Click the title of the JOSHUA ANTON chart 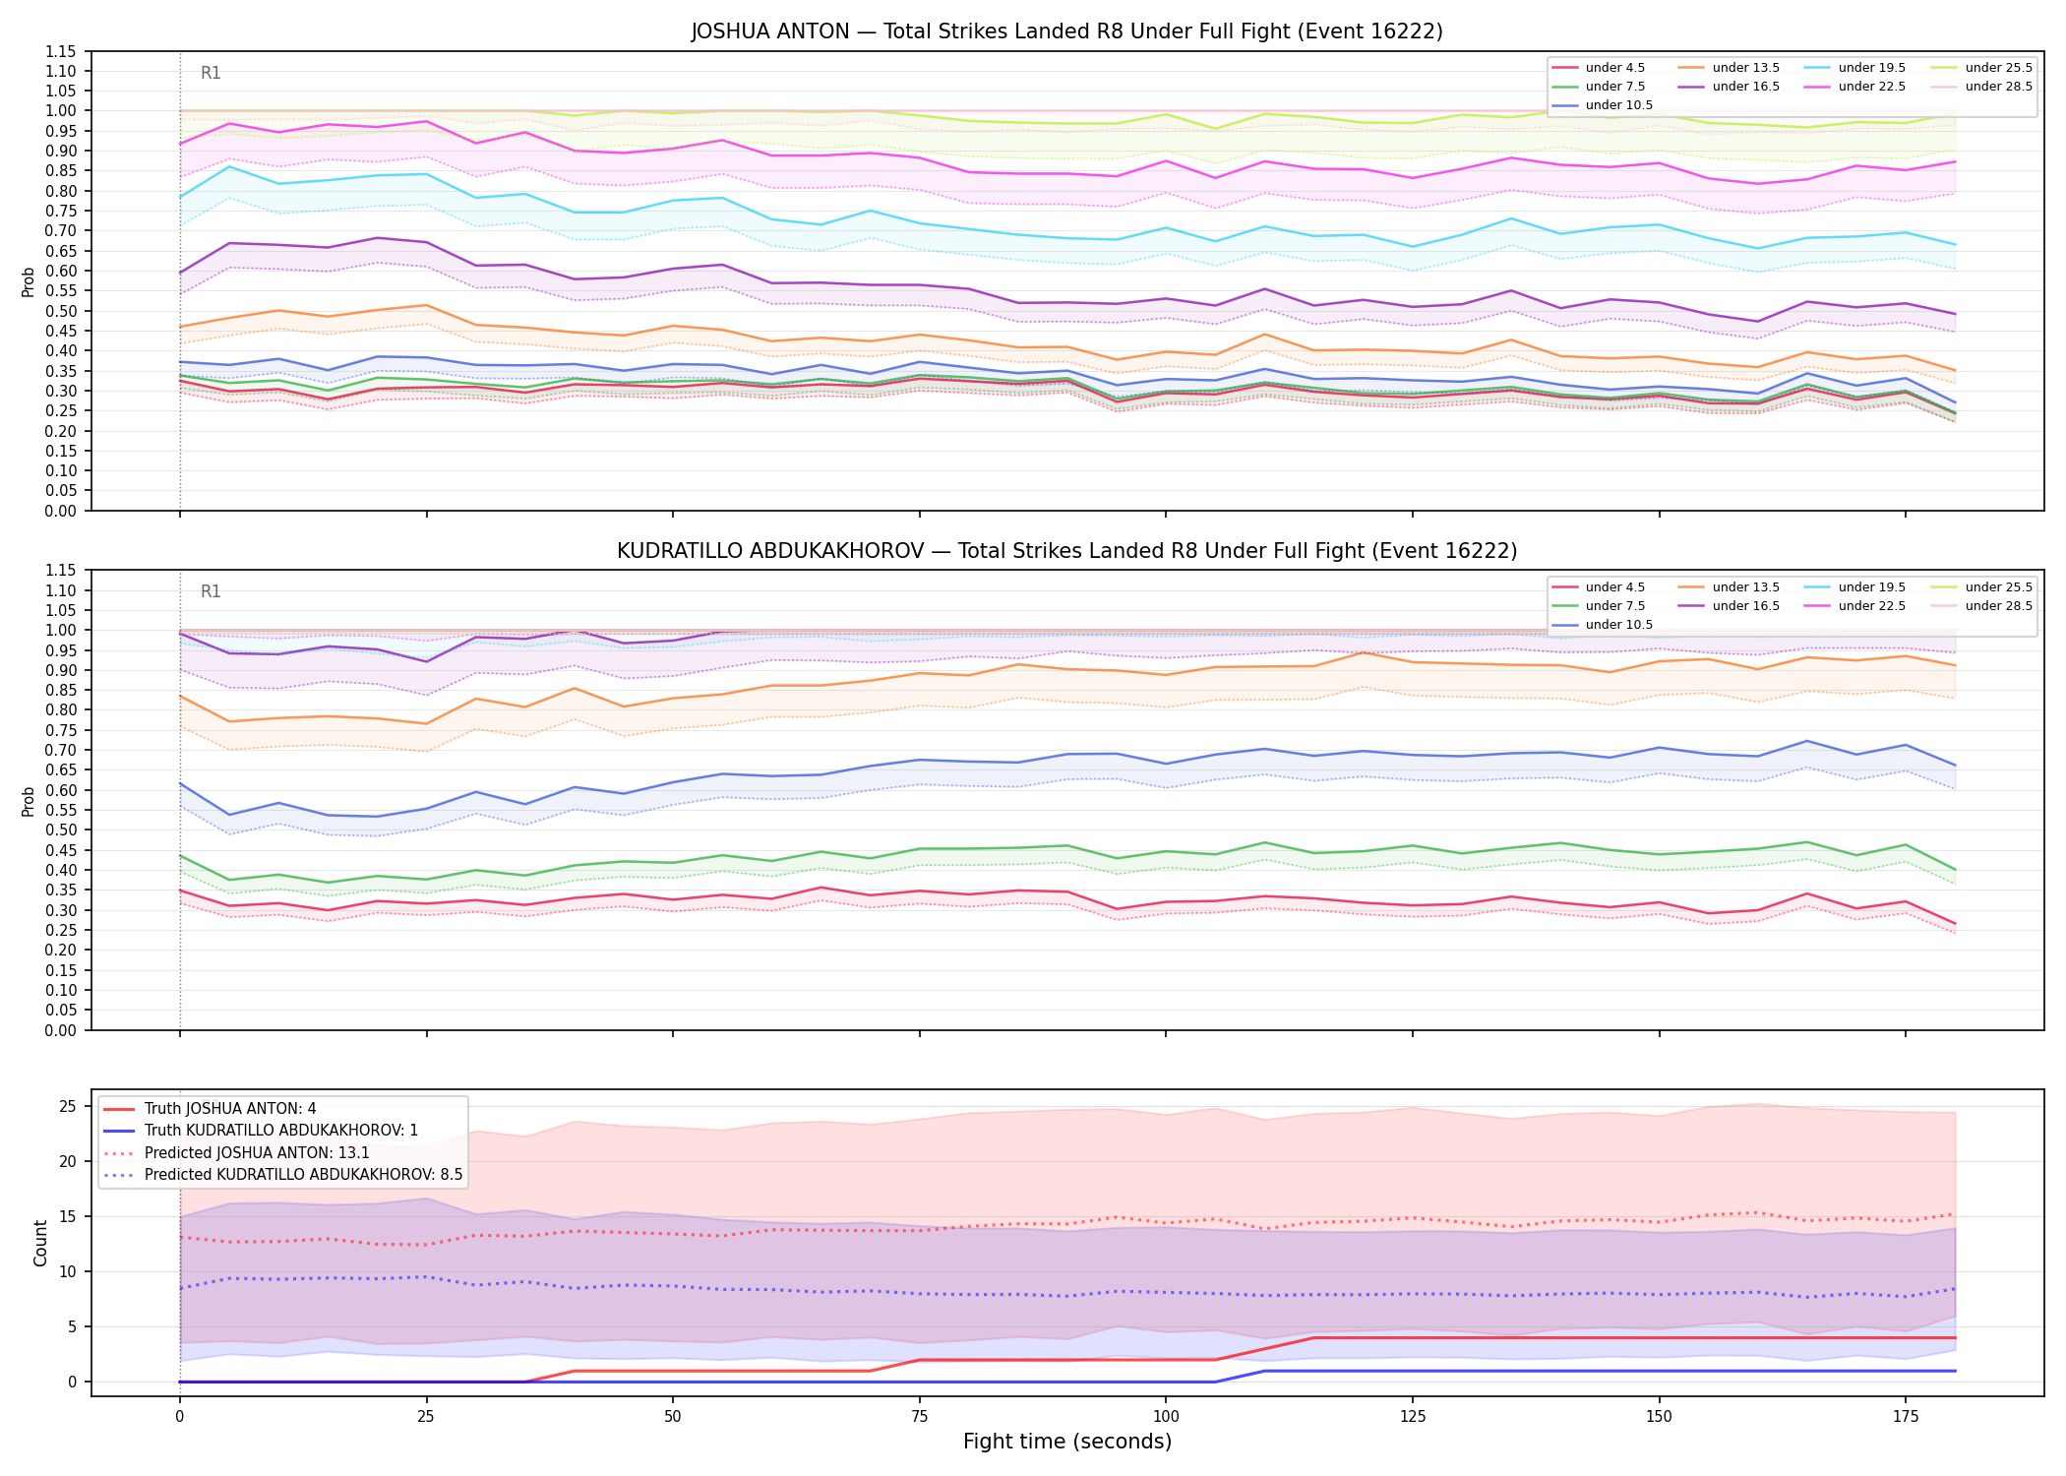point(1066,31)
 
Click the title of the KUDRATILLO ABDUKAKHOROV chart point(1066,551)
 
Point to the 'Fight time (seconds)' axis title point(1067,1442)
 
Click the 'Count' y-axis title point(40,1243)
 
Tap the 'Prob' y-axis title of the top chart point(29,281)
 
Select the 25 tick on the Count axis point(68,1107)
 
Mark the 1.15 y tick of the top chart point(62,51)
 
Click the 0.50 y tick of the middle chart point(62,830)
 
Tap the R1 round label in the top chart point(211,73)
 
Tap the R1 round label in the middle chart point(211,591)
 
